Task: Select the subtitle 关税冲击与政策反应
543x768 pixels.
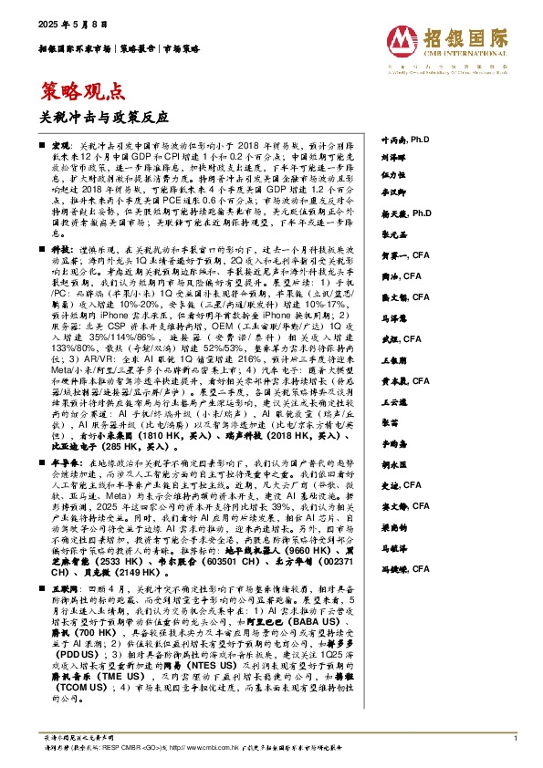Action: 106,116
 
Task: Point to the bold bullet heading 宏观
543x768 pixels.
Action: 60,146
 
